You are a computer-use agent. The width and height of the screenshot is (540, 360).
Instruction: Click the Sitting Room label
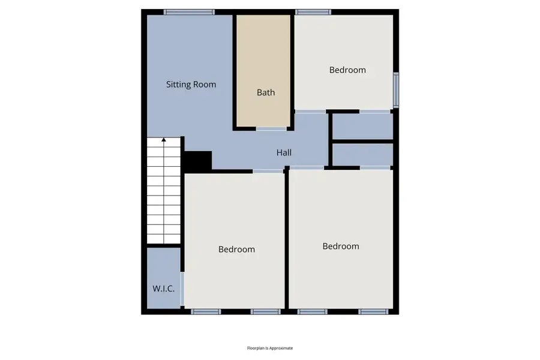point(191,85)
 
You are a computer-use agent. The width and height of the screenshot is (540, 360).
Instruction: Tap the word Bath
point(266,92)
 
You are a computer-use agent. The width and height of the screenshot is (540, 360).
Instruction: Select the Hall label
point(284,153)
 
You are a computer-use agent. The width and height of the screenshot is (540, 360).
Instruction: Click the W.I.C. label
point(163,289)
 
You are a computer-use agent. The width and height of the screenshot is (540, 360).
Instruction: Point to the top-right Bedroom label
point(347,70)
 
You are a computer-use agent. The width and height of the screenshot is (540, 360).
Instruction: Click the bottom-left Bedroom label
point(236,250)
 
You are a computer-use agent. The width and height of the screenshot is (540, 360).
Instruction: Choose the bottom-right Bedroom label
point(341,246)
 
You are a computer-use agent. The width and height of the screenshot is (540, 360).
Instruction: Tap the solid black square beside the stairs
point(197,161)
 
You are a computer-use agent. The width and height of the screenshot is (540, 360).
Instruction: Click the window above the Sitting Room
point(190,11)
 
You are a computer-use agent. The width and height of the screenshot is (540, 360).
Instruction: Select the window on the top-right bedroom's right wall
point(395,90)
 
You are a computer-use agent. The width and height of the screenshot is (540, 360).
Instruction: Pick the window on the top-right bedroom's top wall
point(313,11)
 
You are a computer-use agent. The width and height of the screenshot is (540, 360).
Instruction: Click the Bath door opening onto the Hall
point(271,128)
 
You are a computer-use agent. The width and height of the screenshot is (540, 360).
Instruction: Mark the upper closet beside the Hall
point(362,126)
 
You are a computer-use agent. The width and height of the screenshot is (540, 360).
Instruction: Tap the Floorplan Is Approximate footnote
point(270,348)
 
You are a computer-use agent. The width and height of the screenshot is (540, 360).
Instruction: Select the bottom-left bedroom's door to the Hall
point(268,172)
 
